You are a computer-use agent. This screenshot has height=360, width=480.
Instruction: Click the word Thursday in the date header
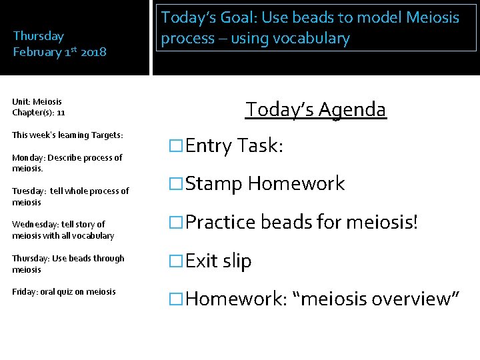click(39, 36)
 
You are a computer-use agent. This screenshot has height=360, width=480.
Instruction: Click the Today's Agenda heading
click(315, 109)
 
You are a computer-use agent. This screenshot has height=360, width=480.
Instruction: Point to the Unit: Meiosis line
click(37, 102)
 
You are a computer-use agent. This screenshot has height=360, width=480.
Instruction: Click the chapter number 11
click(61, 113)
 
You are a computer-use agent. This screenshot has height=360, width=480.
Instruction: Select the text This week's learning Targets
click(67, 135)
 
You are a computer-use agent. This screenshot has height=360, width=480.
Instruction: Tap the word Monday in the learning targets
click(27, 158)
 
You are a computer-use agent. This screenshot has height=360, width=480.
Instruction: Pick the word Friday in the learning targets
click(23, 291)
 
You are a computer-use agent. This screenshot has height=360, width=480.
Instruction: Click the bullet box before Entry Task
click(177, 146)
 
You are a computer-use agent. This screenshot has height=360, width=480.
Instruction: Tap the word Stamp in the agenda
click(213, 184)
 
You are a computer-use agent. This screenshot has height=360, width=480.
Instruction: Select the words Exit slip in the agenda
click(219, 261)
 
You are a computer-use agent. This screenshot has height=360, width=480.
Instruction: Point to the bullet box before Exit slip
click(177, 261)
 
